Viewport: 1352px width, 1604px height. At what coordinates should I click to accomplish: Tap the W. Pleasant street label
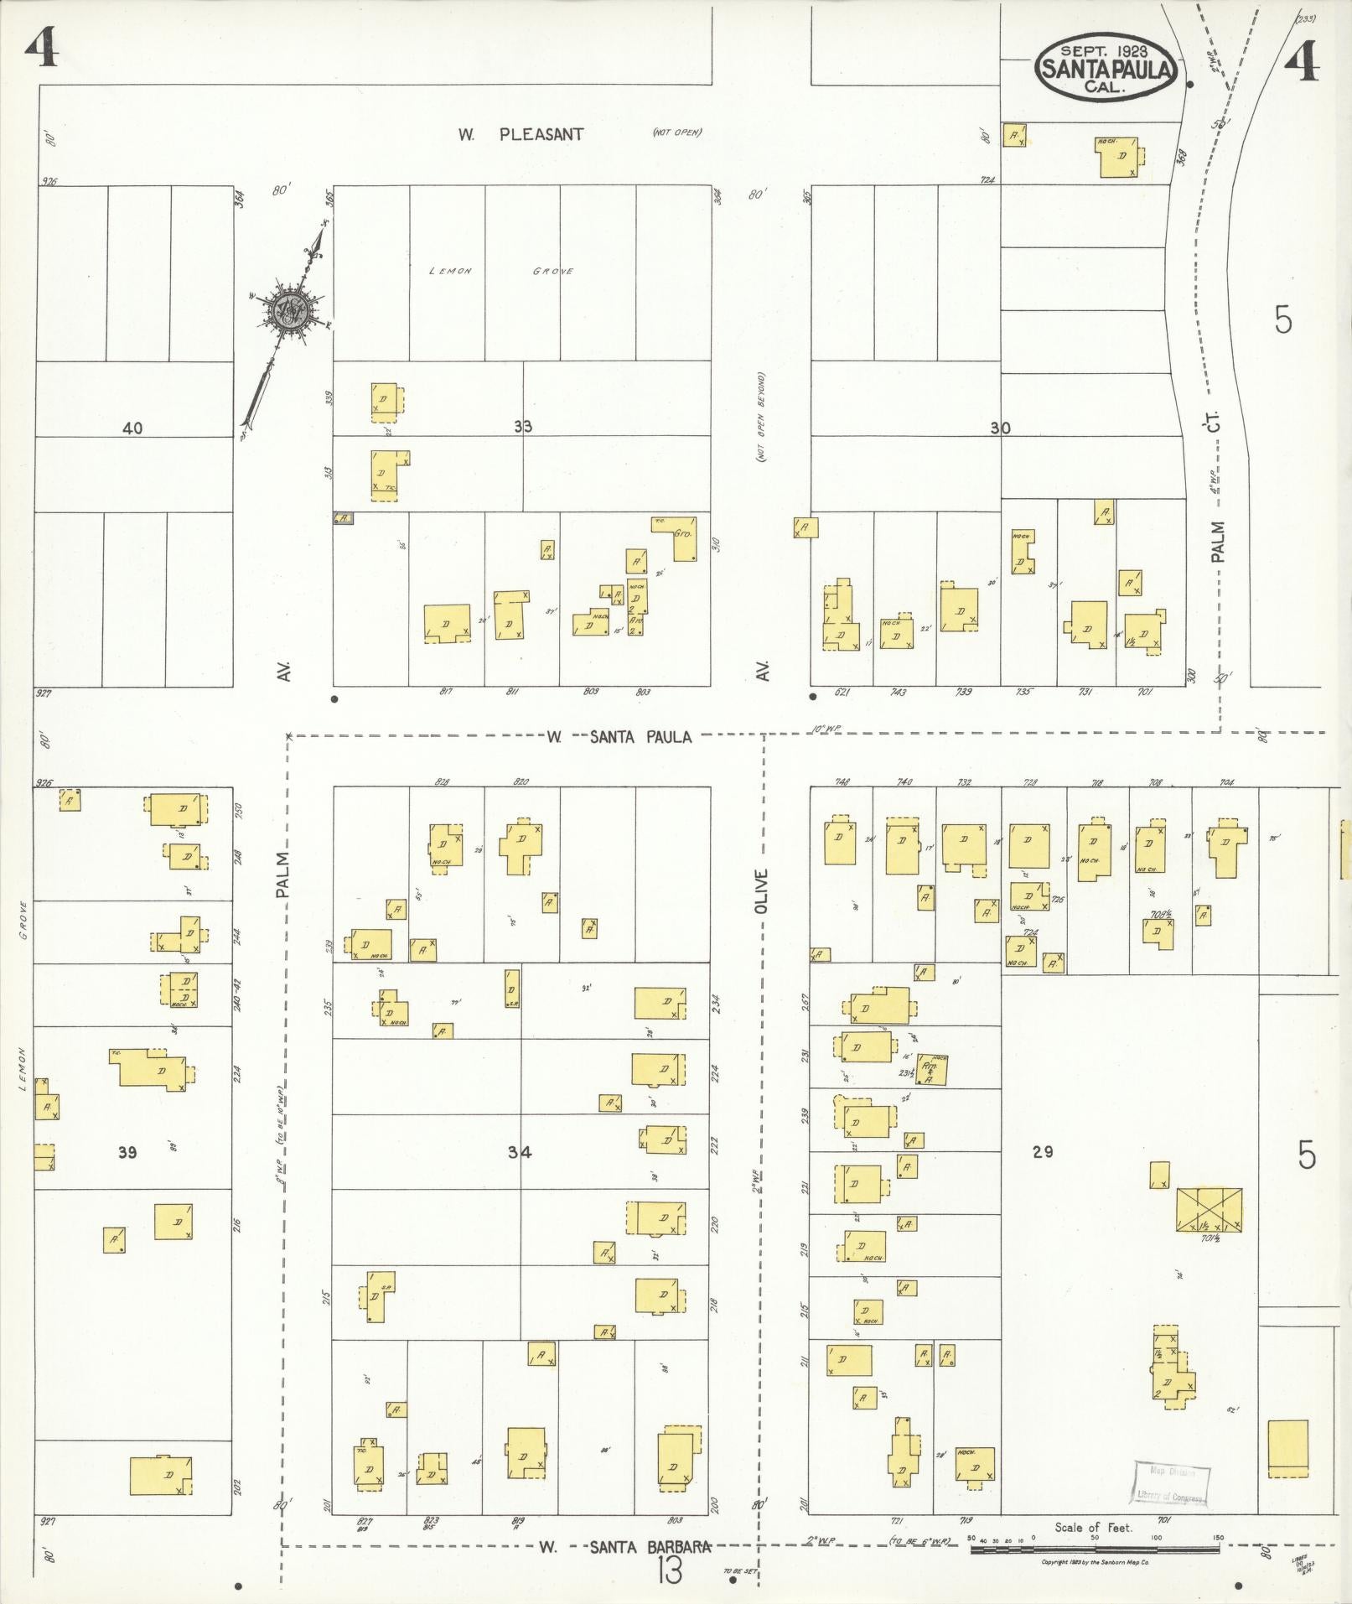pos(521,133)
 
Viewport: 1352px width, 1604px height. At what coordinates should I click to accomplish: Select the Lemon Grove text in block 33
pos(501,271)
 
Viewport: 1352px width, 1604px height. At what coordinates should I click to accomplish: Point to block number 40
pos(132,428)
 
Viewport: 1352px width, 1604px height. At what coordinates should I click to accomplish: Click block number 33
pos(523,427)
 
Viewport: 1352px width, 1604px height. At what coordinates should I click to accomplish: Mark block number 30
pos(999,428)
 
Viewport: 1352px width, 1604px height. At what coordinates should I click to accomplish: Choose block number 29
pos(1043,1151)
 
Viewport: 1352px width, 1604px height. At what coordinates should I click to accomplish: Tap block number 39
pos(127,1152)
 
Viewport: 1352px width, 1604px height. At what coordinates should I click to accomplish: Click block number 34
pos(519,1152)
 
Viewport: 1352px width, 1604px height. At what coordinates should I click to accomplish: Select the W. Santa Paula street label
pos(619,737)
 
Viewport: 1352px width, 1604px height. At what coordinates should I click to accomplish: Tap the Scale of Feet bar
pos(1094,1549)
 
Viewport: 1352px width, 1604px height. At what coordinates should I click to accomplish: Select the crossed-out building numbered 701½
pos(1209,1210)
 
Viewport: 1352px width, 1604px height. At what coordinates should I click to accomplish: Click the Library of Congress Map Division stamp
pos(1171,1483)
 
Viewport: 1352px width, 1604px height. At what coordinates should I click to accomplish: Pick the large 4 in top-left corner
pos(41,49)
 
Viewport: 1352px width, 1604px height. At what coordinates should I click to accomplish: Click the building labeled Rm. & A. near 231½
pos(931,1069)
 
